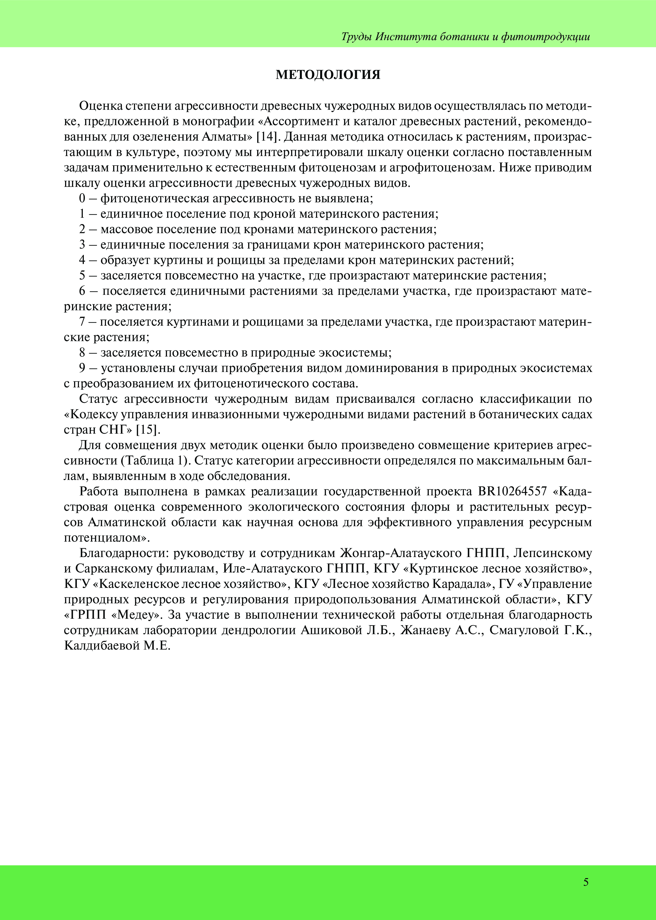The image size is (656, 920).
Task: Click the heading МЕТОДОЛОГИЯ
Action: coord(328,75)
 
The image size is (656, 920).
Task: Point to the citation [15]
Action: coord(148,430)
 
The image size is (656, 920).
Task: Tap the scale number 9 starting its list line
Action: coord(82,368)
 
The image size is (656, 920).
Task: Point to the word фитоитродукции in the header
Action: coord(546,37)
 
